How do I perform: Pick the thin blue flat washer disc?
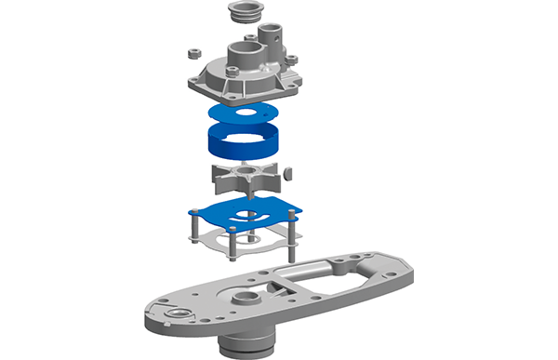(245, 113)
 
